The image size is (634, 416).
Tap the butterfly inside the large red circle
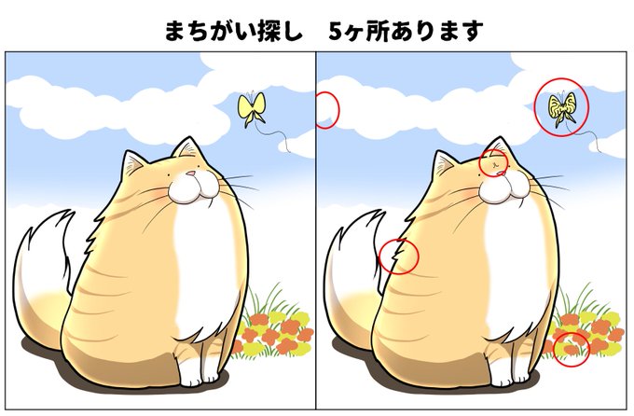[x=562, y=108]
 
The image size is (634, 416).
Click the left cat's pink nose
[x=190, y=173]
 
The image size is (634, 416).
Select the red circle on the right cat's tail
[x=400, y=255]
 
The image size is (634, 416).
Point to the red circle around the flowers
[x=571, y=348]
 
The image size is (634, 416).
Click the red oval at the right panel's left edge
[x=327, y=110]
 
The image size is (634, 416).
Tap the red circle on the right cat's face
[x=494, y=162]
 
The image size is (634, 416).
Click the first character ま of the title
[x=174, y=31]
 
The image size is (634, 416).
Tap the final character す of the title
[x=473, y=31]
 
